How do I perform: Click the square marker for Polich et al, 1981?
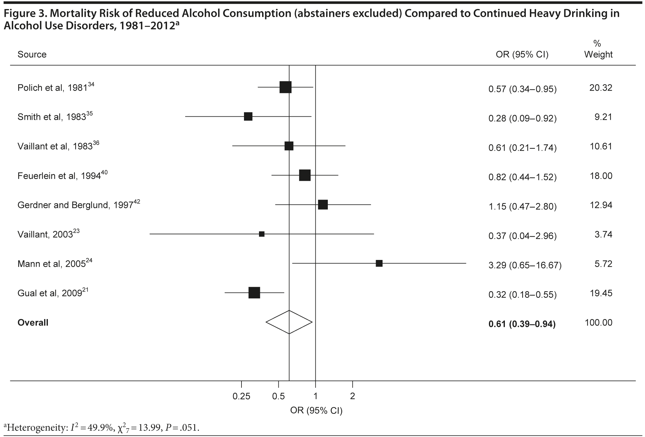pyautogui.click(x=285, y=87)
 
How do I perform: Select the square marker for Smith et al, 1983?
pyautogui.click(x=248, y=117)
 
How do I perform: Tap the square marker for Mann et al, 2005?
pyautogui.click(x=379, y=263)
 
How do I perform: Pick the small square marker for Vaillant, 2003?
pyautogui.click(x=262, y=234)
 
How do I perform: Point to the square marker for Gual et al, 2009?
pyautogui.click(x=254, y=293)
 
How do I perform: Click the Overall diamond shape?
pyautogui.click(x=289, y=322)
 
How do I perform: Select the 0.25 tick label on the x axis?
pyautogui.click(x=241, y=397)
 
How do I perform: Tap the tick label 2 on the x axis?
pyautogui.click(x=353, y=397)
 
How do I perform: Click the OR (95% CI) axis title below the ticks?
pyautogui.click(x=316, y=410)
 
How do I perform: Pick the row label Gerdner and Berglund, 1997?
pyautogui.click(x=79, y=205)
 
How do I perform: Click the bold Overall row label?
pyautogui.click(x=33, y=323)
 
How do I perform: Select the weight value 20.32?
pyautogui.click(x=601, y=88)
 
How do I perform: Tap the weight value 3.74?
pyautogui.click(x=603, y=235)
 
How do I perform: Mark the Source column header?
pyautogui.click(x=32, y=54)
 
